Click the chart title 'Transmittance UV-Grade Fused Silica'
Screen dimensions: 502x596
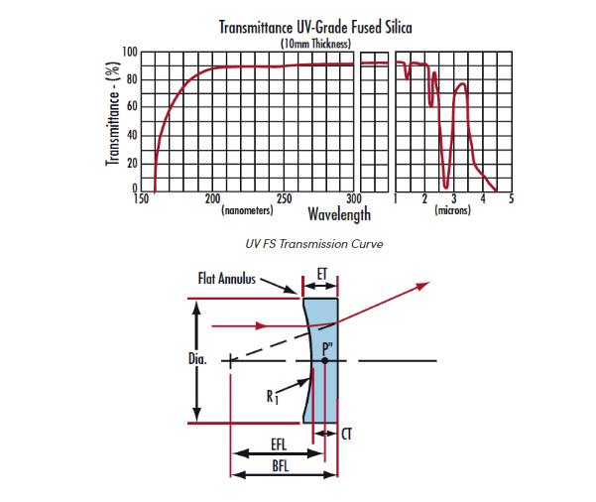315,27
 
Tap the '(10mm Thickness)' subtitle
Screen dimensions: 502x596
314,43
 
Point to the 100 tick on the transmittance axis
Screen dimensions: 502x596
129,52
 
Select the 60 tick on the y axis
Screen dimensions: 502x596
132,107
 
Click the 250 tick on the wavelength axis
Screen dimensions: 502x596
284,199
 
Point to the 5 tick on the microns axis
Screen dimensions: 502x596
511,199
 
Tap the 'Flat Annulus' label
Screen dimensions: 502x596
223,279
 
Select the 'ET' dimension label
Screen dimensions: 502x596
321,273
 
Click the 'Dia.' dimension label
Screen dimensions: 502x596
195,358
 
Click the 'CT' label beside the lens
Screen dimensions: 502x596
347,435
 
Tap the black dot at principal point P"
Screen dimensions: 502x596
324,360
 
